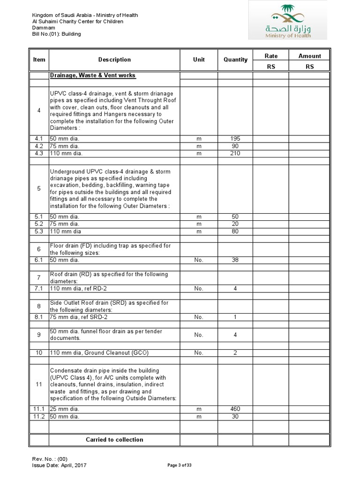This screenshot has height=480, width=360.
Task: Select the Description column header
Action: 114,60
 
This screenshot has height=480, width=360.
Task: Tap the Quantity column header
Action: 235,60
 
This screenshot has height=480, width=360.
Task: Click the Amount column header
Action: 309,56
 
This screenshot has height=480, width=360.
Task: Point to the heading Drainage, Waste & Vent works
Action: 93,75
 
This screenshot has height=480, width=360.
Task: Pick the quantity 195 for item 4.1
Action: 235,139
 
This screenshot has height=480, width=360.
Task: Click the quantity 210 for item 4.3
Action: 235,153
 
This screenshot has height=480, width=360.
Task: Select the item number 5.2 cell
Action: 39,224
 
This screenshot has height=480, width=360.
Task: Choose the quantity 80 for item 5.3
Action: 235,231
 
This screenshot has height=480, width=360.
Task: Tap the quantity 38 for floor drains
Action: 235,260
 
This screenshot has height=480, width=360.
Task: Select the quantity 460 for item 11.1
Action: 235,409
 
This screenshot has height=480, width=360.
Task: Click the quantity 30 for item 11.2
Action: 235,416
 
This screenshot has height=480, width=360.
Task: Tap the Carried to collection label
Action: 114,440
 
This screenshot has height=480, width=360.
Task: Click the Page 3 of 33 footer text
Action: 180,465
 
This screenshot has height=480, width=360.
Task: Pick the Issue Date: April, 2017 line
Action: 59,465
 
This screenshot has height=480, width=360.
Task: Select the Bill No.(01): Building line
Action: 56,34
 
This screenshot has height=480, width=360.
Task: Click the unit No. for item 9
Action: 199,335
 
